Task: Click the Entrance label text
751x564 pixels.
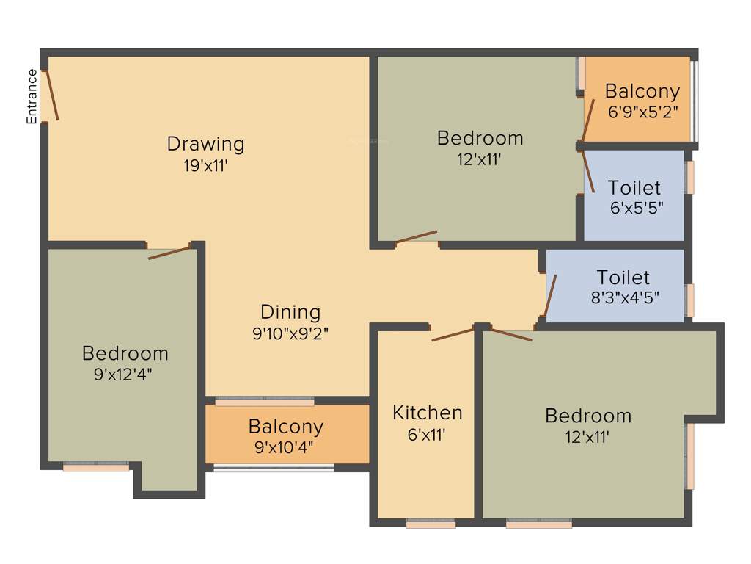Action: pyautogui.click(x=32, y=96)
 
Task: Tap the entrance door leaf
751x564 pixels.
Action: pyautogui.click(x=51, y=95)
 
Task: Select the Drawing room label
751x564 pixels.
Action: pyautogui.click(x=205, y=143)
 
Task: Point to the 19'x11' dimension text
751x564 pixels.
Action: pyautogui.click(x=205, y=165)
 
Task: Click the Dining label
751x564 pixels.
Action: pyautogui.click(x=290, y=312)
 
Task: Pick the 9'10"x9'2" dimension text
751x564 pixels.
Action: pyautogui.click(x=290, y=333)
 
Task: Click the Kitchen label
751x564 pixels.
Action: pyautogui.click(x=428, y=413)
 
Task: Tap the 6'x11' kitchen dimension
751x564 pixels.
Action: pyautogui.click(x=428, y=434)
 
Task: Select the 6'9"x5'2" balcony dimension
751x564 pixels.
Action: pyautogui.click(x=642, y=112)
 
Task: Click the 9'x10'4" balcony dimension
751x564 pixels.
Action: pyautogui.click(x=285, y=447)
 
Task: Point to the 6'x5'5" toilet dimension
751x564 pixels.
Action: pyautogui.click(x=636, y=208)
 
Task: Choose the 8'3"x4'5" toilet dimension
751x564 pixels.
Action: pyautogui.click(x=623, y=297)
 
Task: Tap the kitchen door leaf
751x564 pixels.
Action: pyautogui.click(x=453, y=335)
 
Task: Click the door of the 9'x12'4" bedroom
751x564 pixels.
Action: pyautogui.click(x=170, y=252)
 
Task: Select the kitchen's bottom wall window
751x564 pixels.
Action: pyautogui.click(x=431, y=524)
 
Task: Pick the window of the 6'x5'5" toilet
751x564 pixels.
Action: pyautogui.click(x=690, y=178)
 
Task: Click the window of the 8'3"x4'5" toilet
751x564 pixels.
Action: pyautogui.click(x=690, y=300)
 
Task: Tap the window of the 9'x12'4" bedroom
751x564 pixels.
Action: pyautogui.click(x=95, y=466)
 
